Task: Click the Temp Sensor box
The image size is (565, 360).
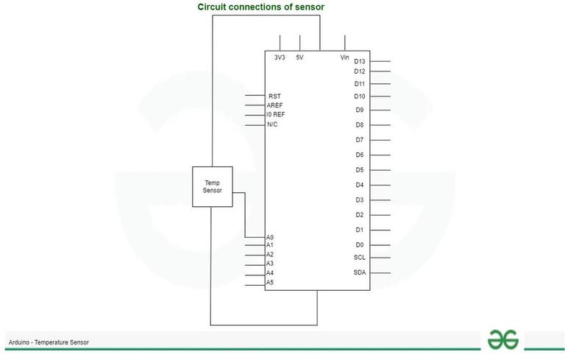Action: (212, 186)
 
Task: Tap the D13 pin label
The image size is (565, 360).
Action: (360, 61)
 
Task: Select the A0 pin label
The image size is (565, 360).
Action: (270, 237)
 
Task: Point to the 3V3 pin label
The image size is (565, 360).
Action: (280, 57)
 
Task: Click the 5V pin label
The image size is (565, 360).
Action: (300, 57)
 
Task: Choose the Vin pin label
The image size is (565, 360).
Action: (345, 57)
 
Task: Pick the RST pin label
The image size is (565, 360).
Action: (274, 96)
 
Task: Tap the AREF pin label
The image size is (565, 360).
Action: (274, 105)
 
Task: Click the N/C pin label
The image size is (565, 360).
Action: (272, 124)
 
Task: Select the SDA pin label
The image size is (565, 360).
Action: (360, 272)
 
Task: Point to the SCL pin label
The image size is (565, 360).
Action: (360, 257)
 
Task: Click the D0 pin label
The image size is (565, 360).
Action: (360, 245)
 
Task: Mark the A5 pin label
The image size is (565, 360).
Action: (270, 283)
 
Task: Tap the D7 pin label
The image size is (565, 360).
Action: (360, 140)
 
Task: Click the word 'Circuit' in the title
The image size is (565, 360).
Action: (212, 7)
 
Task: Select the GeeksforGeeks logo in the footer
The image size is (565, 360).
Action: (503, 339)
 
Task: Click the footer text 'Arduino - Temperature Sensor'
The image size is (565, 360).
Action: (49, 342)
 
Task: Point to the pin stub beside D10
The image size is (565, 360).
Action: (380, 96)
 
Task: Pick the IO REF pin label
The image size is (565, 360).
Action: (276, 114)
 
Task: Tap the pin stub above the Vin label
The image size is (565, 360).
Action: (345, 43)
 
